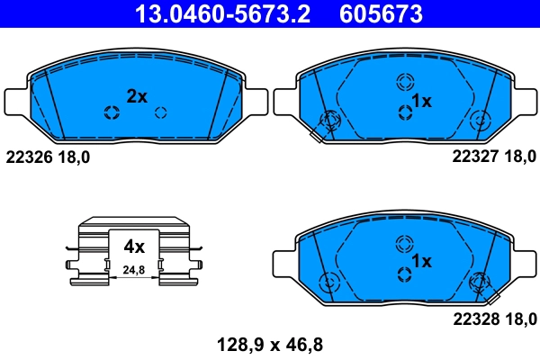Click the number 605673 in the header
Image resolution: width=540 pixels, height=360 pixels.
pyautogui.click(x=380, y=14)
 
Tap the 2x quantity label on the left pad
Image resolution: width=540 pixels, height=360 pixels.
pyautogui.click(x=136, y=96)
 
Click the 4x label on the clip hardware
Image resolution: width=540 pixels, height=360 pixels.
pyautogui.click(x=134, y=245)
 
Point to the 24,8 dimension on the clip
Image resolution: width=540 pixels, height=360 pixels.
pyautogui.click(x=134, y=269)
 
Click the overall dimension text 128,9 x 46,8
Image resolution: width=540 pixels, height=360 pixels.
pyautogui.click(x=269, y=343)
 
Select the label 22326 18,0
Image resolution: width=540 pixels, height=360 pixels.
pyautogui.click(x=48, y=157)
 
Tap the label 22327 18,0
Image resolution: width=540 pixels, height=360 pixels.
pyautogui.click(x=493, y=157)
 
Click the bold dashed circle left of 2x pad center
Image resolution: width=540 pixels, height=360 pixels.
pyautogui.click(x=112, y=112)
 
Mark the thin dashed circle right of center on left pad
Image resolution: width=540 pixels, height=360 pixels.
pyautogui.click(x=161, y=112)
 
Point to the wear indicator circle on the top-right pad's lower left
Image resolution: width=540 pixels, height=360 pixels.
pyautogui.click(x=329, y=120)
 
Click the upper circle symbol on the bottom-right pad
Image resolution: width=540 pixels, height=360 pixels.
pyautogui.click(x=403, y=243)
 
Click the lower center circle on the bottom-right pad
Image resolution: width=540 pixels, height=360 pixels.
pyautogui.click(x=403, y=274)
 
